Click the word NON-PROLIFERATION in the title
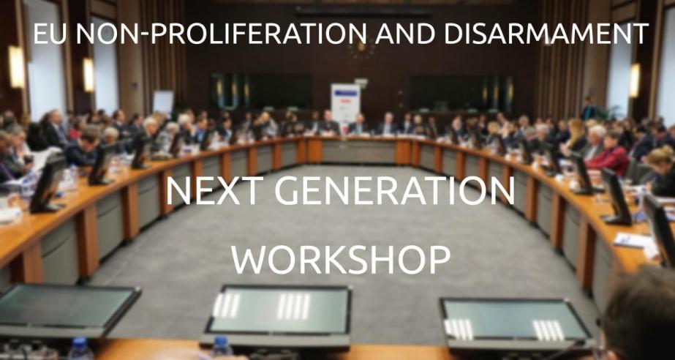[221, 33]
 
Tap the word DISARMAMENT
[546, 33]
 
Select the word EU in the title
[50, 33]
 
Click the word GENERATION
[394, 191]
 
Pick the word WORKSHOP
[341, 259]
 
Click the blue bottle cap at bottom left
[80, 342]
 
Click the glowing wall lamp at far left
[17, 67]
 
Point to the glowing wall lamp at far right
[635, 80]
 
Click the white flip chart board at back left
[164, 102]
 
